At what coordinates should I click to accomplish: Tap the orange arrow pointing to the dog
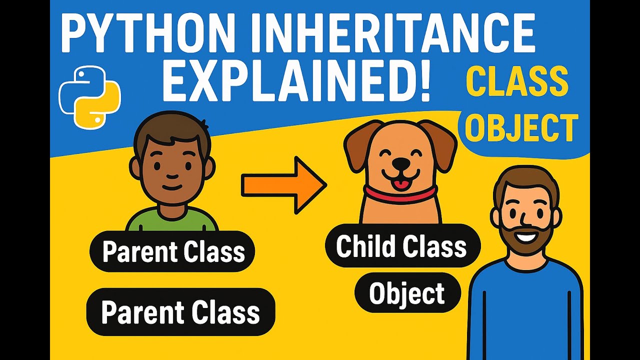(283, 185)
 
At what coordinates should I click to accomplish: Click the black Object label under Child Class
(407, 293)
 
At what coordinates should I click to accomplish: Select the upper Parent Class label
(172, 251)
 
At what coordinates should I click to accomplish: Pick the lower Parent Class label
(180, 312)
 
